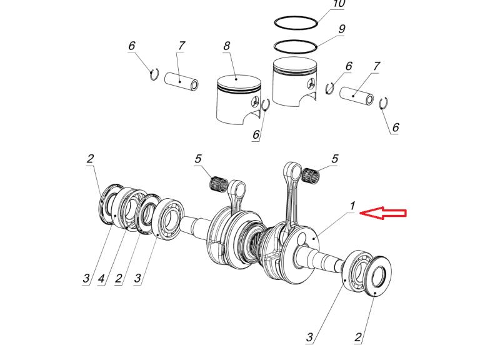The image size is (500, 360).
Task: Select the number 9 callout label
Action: point(342,29)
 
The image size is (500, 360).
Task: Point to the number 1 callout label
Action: point(352,206)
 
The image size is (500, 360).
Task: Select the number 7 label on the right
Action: point(376,66)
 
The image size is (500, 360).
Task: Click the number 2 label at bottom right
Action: point(358,337)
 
